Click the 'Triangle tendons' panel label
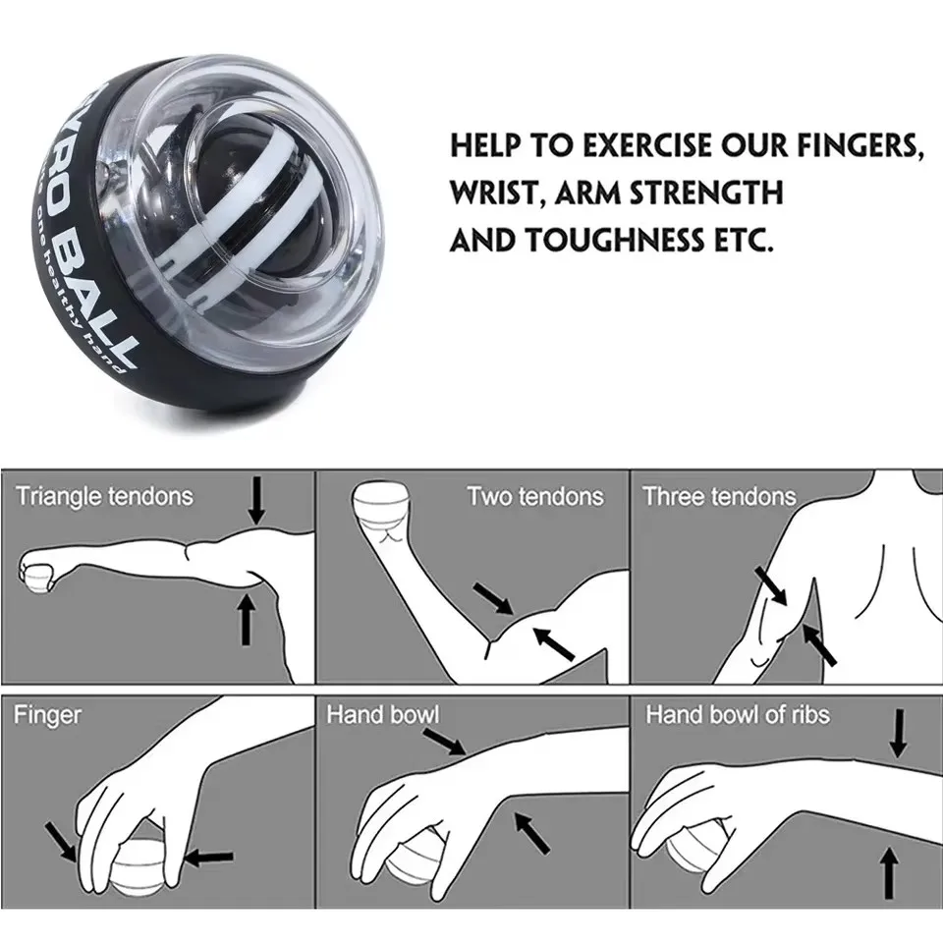(104, 496)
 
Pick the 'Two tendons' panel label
(534, 496)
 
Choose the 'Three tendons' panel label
(719, 496)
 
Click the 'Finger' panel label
(47, 714)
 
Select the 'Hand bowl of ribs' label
(737, 714)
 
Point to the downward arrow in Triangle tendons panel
(256, 500)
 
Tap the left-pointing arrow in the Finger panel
(209, 857)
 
